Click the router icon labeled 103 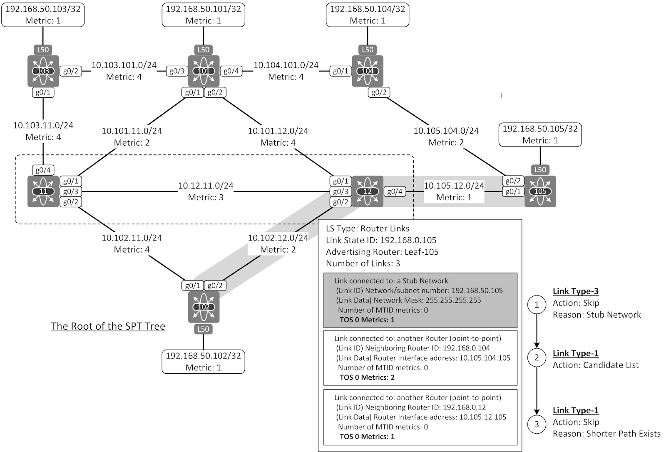coord(43,71)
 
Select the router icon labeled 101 coord(204,71)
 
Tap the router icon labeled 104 coord(367,71)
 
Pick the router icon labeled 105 coord(540,191)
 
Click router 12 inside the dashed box coord(368,191)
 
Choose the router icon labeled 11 coord(43,191)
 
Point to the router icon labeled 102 coord(204,307)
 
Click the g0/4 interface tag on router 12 coord(395,191)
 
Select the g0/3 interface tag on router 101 coord(176,71)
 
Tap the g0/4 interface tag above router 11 coord(43,170)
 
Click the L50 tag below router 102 coord(203,329)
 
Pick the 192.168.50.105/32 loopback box coord(540,134)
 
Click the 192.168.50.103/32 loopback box coord(43,15)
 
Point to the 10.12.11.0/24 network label coord(206,186)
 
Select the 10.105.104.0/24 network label coord(446,131)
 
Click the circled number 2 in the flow coord(537,358)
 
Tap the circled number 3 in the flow coord(537,424)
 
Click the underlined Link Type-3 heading coord(575,291)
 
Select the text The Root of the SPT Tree coord(108,326)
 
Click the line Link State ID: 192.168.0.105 coord(381,240)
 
